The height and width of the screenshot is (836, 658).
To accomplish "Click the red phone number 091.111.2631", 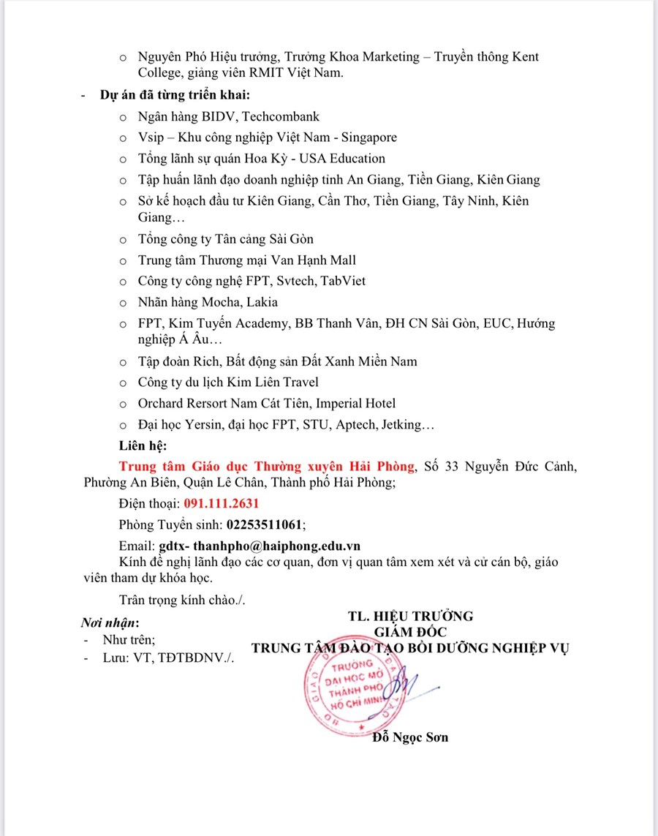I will pos(221,504).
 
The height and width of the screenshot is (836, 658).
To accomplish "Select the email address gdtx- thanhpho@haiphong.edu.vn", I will pos(260,546).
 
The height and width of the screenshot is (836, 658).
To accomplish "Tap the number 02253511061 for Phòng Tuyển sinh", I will pos(265,524).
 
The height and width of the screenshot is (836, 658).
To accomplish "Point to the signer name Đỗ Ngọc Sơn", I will pos(410,737).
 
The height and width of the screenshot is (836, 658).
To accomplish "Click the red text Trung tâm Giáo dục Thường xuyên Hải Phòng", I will pos(267,467).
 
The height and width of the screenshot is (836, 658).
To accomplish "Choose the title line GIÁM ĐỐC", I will pos(410,631).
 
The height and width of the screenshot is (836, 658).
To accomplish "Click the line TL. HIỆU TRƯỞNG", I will pos(411,615).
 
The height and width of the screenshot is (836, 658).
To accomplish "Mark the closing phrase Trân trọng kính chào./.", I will pos(182,600).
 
